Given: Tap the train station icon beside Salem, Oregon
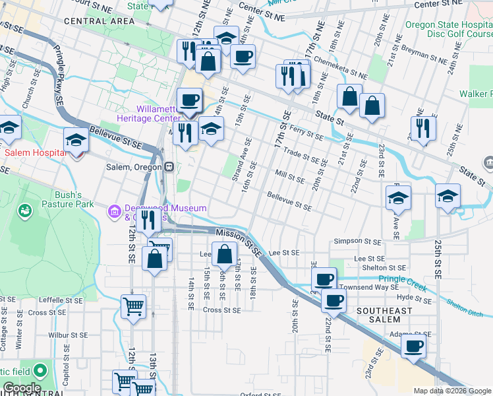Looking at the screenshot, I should click(x=169, y=167).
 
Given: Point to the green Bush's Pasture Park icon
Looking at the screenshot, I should click(x=25, y=212).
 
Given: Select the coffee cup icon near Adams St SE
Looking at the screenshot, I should click(x=413, y=346).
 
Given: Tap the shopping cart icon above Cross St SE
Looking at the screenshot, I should click(x=134, y=307).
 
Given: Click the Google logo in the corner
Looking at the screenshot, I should click(x=22, y=388).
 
